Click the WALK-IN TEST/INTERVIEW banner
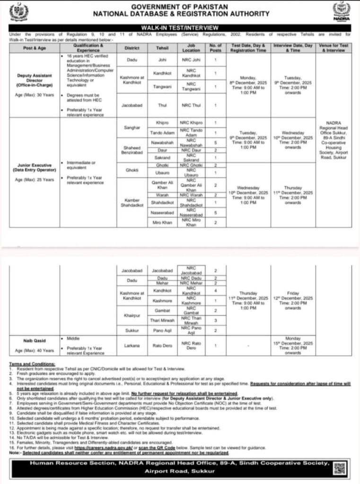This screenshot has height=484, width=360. click(179, 28)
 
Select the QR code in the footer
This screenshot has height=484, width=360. click(339, 468)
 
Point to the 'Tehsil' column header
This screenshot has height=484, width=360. click(162, 48)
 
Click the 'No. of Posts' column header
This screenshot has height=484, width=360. click(215, 48)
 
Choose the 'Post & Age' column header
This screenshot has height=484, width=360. click(35, 48)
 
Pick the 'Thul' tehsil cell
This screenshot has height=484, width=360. click(162, 105)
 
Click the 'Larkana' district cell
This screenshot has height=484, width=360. click(132, 346)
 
